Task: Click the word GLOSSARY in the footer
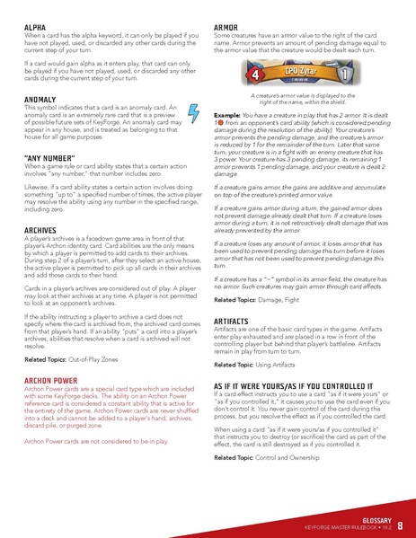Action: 369,518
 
